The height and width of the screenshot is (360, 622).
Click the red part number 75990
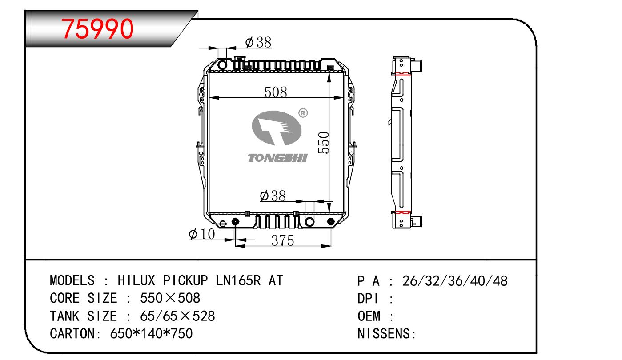click(x=97, y=28)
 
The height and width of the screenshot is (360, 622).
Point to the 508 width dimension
click(x=276, y=92)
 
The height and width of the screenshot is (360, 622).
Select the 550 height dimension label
click(x=324, y=143)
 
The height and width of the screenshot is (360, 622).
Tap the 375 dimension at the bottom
click(x=283, y=240)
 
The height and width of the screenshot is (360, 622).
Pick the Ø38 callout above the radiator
click(x=258, y=43)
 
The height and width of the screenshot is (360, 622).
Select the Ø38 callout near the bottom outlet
click(x=273, y=196)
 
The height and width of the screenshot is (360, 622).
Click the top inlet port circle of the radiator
click(x=222, y=65)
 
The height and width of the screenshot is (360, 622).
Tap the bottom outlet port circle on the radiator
click(x=309, y=222)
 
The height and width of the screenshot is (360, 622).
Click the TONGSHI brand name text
click(x=278, y=158)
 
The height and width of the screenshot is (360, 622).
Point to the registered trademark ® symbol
click(x=303, y=113)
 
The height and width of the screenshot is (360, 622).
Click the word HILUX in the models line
click(x=136, y=280)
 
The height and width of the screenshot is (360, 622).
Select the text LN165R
click(x=238, y=280)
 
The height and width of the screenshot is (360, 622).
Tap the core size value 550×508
click(x=170, y=298)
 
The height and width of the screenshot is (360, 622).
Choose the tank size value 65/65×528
click(x=177, y=316)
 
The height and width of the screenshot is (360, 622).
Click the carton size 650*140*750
click(x=151, y=333)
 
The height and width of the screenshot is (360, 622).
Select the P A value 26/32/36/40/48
click(x=455, y=281)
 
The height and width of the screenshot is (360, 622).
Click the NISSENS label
click(x=384, y=333)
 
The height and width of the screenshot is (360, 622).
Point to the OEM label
click(x=369, y=316)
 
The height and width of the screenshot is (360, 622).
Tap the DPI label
click(x=368, y=299)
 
